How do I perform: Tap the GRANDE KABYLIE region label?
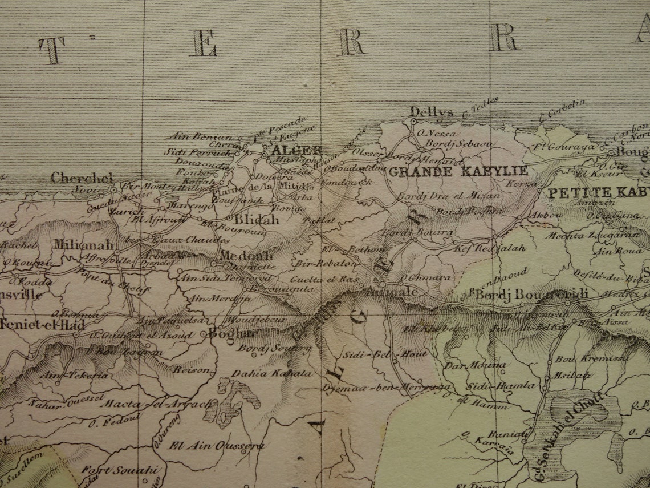coord(458,170)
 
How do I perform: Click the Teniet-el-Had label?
coord(43,325)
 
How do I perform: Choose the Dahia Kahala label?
coord(272,374)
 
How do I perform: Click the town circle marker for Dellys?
coord(413,121)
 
